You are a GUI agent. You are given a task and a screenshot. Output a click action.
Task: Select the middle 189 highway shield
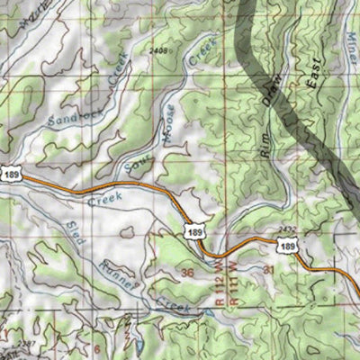point(194,232)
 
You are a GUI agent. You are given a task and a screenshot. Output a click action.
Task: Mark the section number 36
point(187,271)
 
